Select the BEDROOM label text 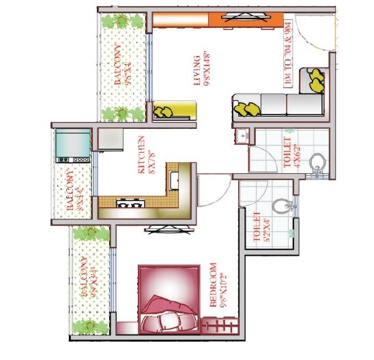pyautogui.click(x=215, y=286)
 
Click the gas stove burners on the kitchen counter pyautogui.click(x=129, y=202)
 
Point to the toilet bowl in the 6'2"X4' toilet pyautogui.click(x=280, y=206)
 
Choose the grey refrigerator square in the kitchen pyautogui.click(x=109, y=139)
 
